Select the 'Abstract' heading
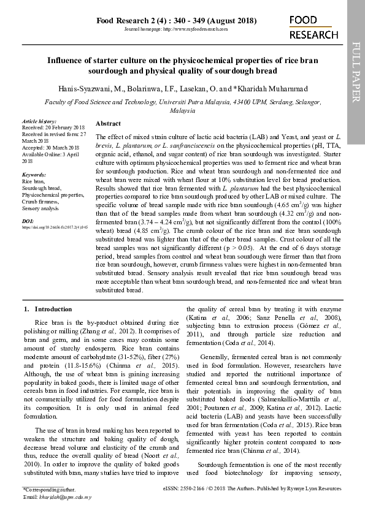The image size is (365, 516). pyautogui.click(x=109, y=123)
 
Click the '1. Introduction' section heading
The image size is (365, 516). pyautogui.click(x=47, y=309)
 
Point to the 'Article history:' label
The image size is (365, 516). pyautogui.click(x=39, y=121)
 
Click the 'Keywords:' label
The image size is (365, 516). pyautogui.click(x=34, y=175)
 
